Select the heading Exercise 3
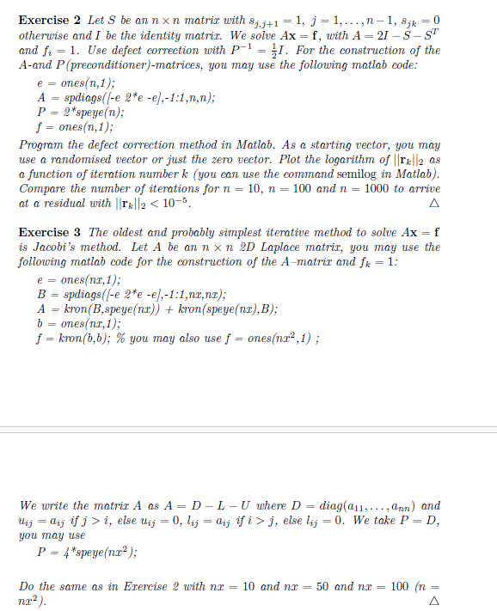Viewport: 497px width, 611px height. pyautogui.click(x=50, y=234)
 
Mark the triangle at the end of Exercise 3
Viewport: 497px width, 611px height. pyautogui.click(x=433, y=601)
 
